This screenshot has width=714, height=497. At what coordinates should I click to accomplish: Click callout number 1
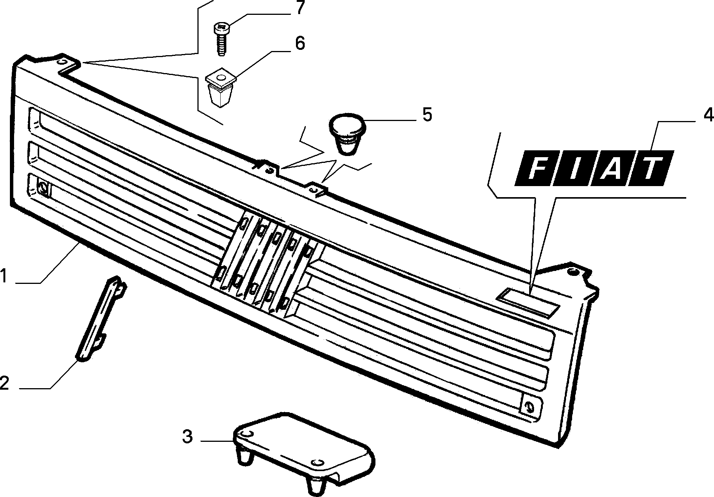(4, 276)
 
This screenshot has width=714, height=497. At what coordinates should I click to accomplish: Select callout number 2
(4, 382)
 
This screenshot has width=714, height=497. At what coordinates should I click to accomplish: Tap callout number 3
(187, 436)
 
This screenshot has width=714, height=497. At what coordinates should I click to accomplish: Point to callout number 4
(708, 115)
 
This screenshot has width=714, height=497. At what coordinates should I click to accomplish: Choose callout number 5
(427, 115)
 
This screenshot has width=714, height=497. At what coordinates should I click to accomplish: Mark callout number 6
(300, 43)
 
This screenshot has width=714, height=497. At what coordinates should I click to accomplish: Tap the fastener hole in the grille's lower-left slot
(43, 188)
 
